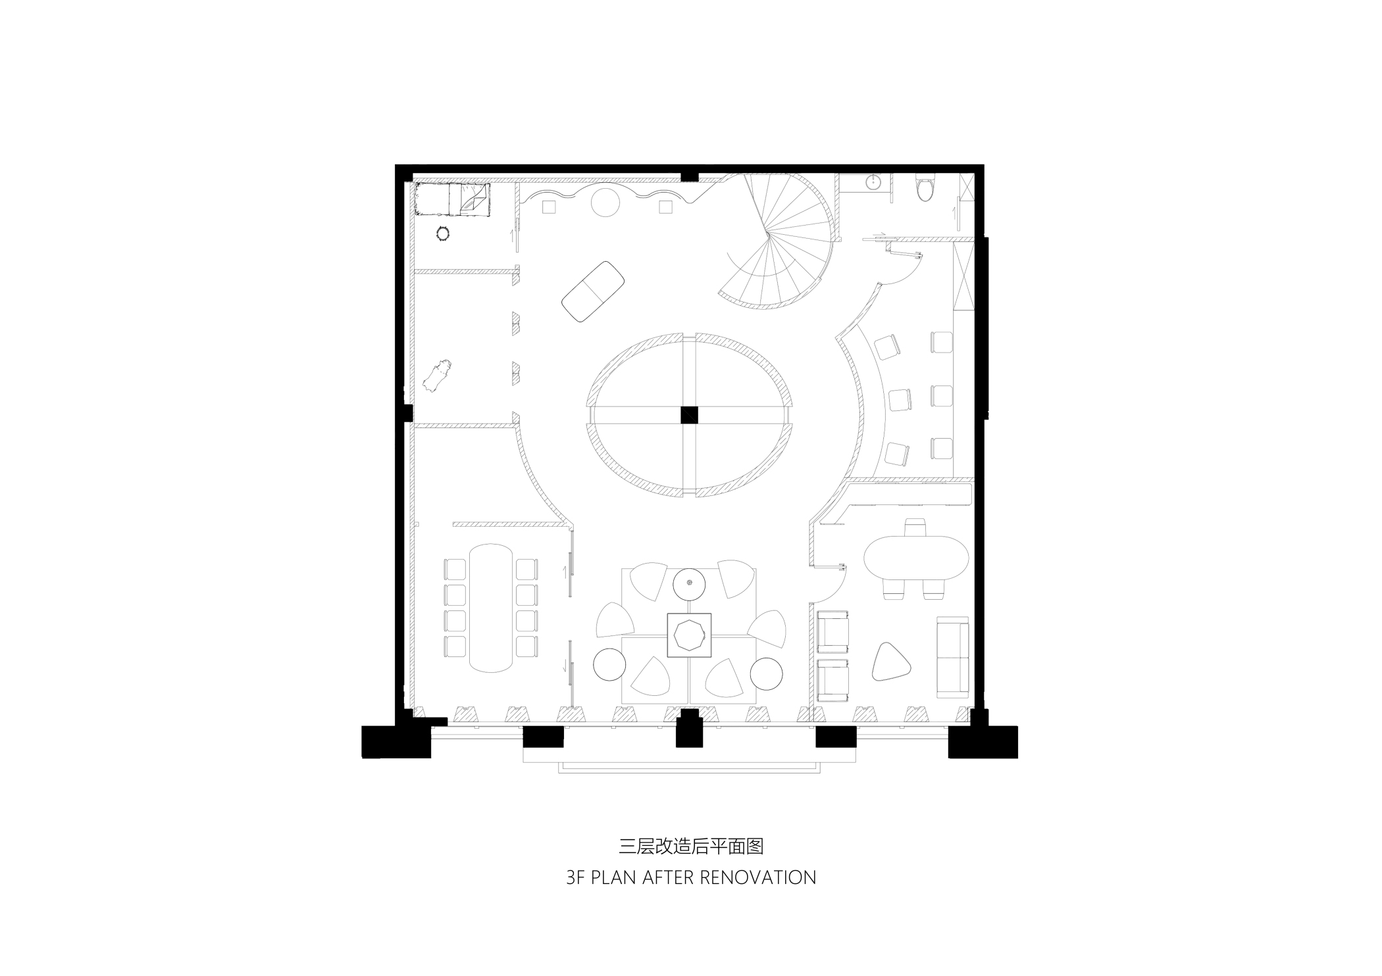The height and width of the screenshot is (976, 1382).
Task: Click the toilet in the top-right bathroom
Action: click(x=925, y=188)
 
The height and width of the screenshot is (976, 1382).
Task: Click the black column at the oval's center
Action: click(x=689, y=416)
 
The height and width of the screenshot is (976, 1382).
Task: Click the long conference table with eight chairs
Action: click(x=490, y=607)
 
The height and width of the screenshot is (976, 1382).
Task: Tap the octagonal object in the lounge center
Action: click(x=689, y=635)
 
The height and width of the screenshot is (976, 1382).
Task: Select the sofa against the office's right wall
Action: click(x=952, y=656)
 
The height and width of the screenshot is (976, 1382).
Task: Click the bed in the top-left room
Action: click(x=454, y=199)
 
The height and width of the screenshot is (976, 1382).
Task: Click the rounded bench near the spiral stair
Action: click(x=593, y=291)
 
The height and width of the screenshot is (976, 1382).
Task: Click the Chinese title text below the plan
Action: click(x=691, y=846)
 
